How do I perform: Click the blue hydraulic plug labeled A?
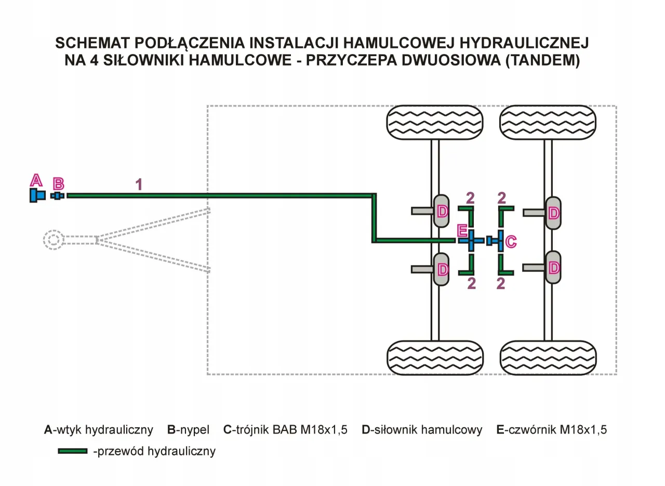(x=37, y=195)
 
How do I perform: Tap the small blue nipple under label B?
(x=58, y=195)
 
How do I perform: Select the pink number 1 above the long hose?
(x=139, y=184)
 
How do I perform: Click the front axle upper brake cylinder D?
(x=441, y=211)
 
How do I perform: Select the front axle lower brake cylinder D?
(x=441, y=269)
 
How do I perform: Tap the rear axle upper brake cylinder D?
(x=553, y=213)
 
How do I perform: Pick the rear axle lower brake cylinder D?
(x=553, y=267)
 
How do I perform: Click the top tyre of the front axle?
(x=435, y=122)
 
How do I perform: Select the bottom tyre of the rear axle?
(x=548, y=357)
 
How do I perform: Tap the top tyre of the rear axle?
(x=548, y=122)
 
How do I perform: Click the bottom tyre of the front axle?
(x=435, y=357)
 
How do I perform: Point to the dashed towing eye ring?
(x=53, y=240)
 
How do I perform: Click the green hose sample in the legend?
(x=72, y=451)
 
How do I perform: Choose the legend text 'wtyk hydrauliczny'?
(x=103, y=430)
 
